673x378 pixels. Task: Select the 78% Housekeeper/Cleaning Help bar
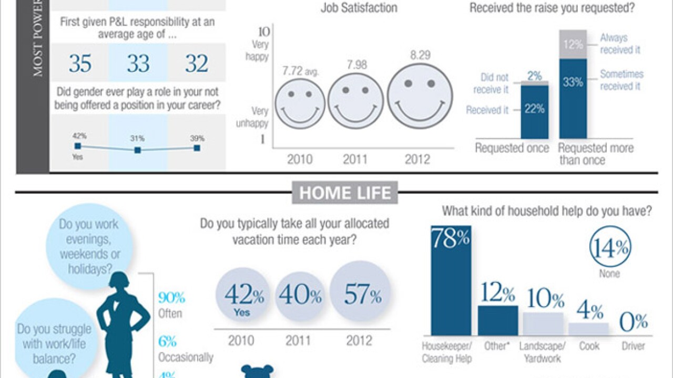451,281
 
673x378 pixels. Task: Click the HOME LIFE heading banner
345,193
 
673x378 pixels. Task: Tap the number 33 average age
138,64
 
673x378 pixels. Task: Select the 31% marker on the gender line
138,150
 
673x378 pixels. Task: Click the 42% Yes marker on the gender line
78,146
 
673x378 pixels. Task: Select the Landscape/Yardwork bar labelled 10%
543,323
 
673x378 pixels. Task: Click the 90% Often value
171,298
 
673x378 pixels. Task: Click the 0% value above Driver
633,321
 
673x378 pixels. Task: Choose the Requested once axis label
512,149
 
